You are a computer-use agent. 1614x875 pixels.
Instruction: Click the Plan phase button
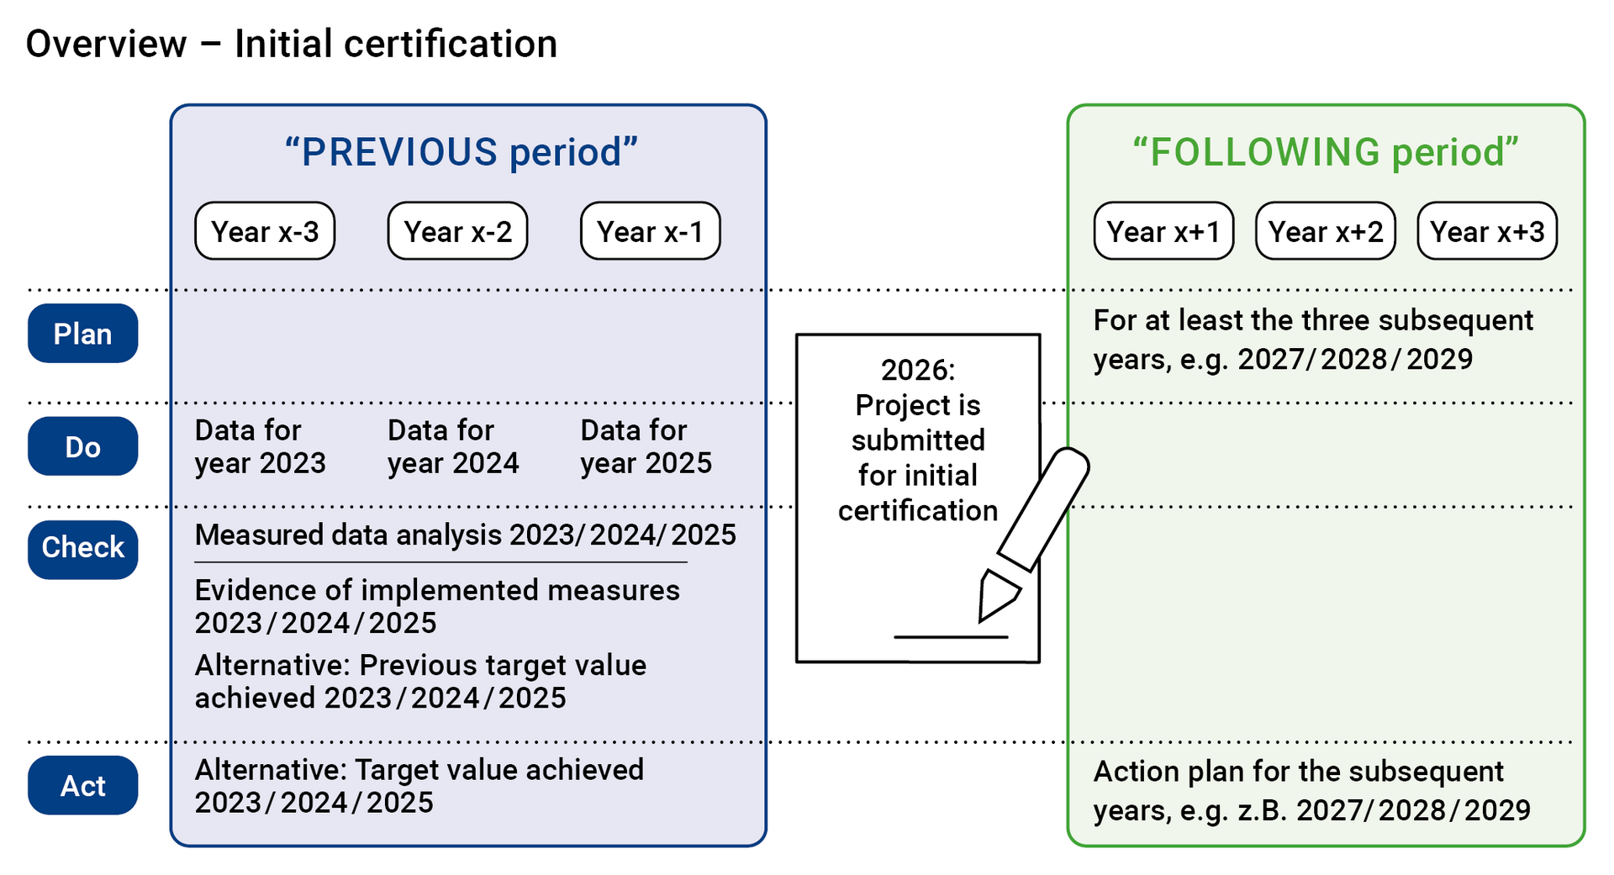click(x=82, y=334)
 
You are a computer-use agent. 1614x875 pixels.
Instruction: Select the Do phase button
click(x=82, y=446)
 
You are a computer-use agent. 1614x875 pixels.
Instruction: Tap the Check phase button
click(x=82, y=547)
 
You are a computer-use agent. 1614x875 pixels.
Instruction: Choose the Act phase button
click(x=82, y=786)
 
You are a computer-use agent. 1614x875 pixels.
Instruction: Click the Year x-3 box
click(x=265, y=231)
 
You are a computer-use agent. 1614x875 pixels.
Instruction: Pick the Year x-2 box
click(x=457, y=231)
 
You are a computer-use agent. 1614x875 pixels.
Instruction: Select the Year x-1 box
click(x=650, y=231)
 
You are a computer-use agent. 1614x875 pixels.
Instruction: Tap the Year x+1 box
click(x=1163, y=231)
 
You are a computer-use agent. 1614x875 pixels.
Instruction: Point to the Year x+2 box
click(x=1325, y=231)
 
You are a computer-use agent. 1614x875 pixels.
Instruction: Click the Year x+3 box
click(x=1487, y=231)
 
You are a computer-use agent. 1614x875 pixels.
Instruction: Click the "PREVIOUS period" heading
click(x=461, y=152)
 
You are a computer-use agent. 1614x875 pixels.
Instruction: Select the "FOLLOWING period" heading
click(x=1326, y=152)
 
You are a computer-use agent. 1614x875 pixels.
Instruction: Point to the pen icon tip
click(x=983, y=618)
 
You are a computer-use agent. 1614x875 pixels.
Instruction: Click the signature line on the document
click(x=950, y=637)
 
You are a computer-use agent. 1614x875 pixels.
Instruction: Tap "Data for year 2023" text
click(x=260, y=446)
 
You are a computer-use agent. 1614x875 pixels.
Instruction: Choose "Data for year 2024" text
click(x=453, y=446)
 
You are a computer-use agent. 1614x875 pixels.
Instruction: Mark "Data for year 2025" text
click(x=646, y=446)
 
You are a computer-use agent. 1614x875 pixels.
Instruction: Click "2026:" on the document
click(x=917, y=370)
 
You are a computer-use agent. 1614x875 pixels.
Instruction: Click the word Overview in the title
click(x=106, y=44)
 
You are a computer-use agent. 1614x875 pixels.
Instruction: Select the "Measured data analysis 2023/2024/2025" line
click(x=465, y=535)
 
